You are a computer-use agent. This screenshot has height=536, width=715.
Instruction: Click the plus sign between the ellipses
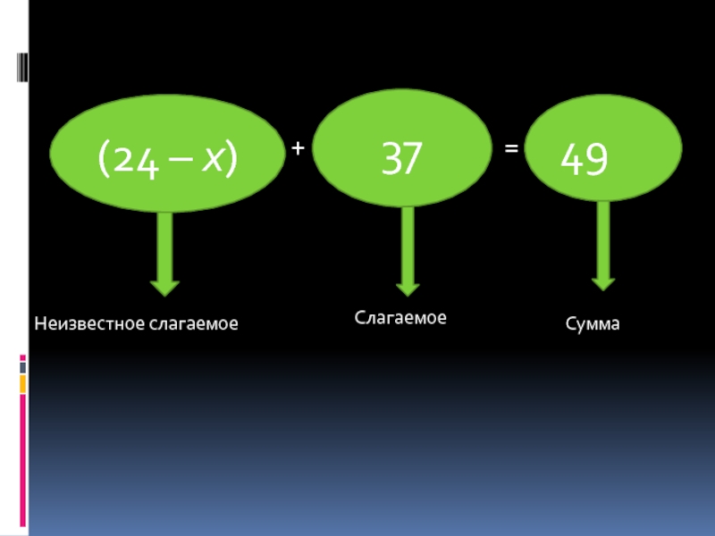(x=297, y=151)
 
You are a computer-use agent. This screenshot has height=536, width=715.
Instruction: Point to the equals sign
(x=511, y=151)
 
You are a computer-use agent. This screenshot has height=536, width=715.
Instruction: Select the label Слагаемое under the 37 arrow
(x=400, y=317)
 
